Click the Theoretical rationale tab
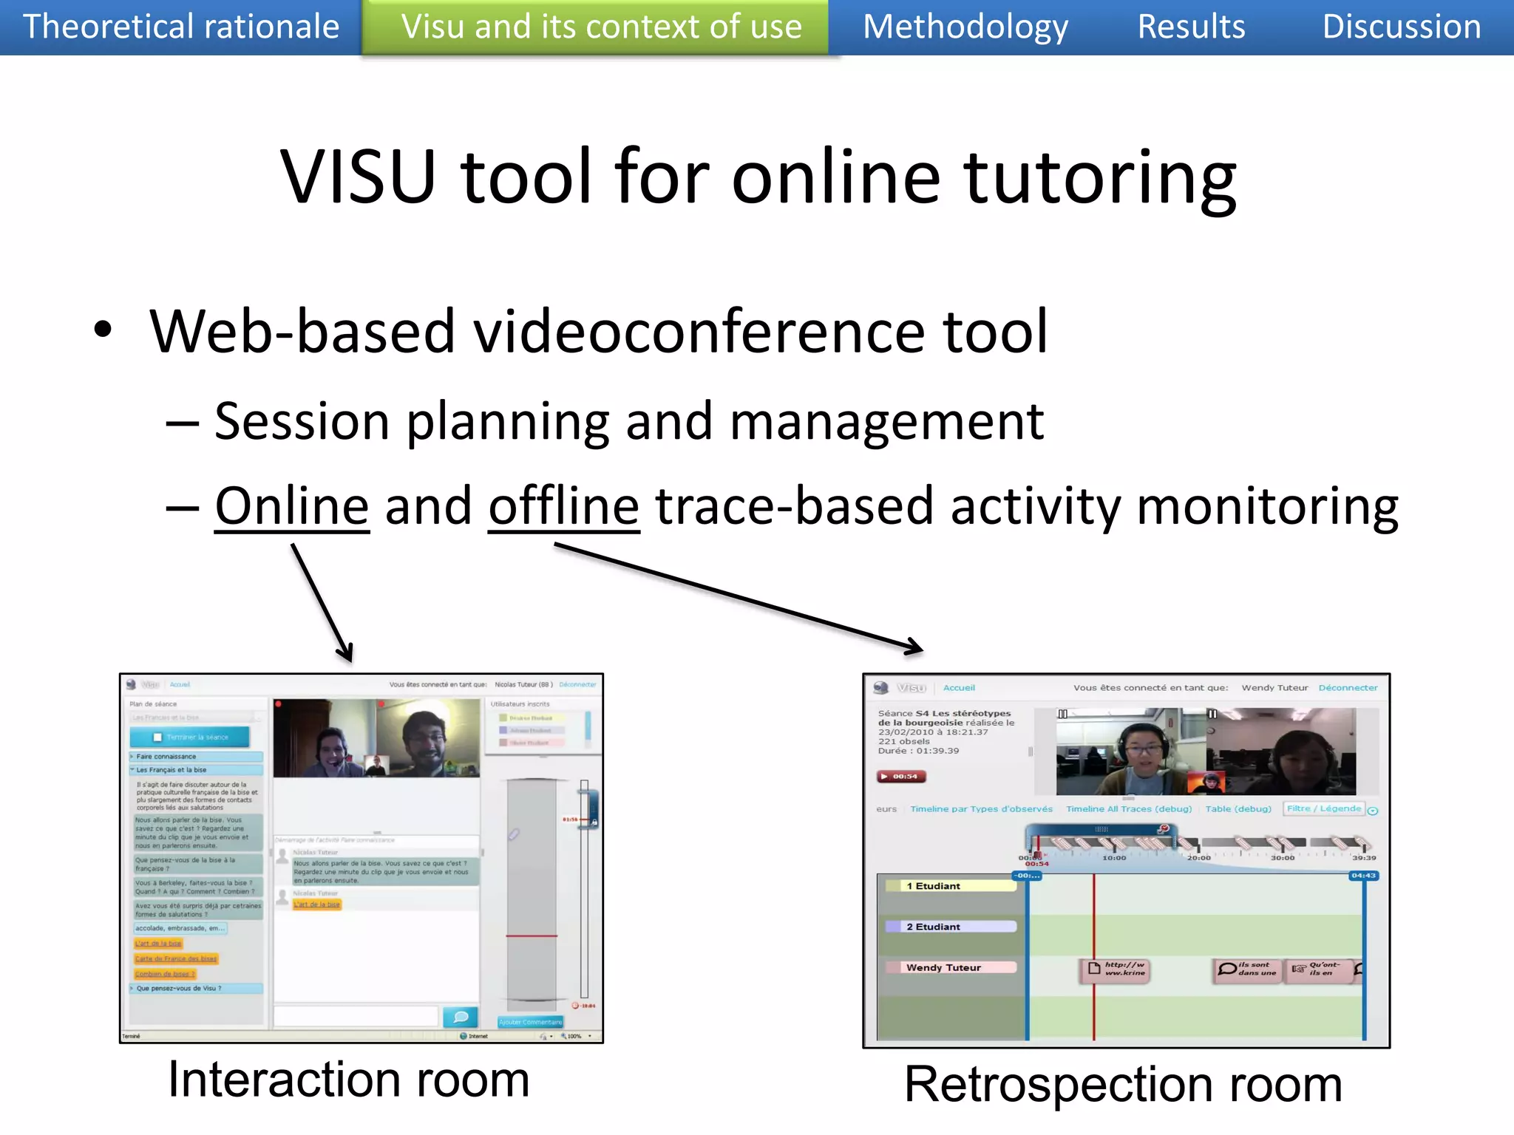(x=181, y=27)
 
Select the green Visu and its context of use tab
(x=601, y=27)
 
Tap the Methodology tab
(x=965, y=27)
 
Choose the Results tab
(x=1191, y=27)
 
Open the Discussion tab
(x=1401, y=27)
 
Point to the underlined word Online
(x=292, y=507)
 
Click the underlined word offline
(x=563, y=507)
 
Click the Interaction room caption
(x=348, y=1080)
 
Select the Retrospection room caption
(x=1123, y=1085)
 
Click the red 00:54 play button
(x=901, y=777)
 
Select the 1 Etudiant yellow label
(x=949, y=886)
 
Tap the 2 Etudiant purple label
(x=949, y=927)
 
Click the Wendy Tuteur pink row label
(x=949, y=967)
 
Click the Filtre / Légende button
(x=1323, y=808)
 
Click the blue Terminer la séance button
(x=190, y=737)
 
